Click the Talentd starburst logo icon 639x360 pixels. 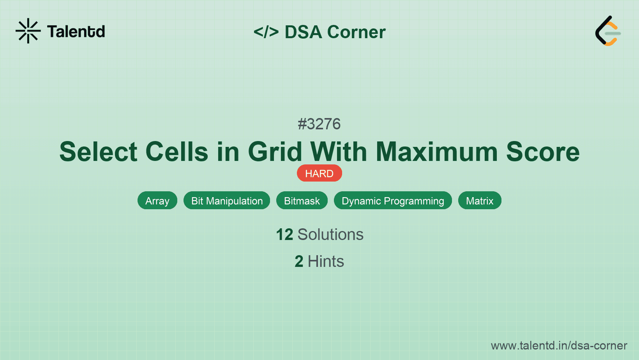pyautogui.click(x=28, y=31)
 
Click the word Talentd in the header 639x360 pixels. pyautogui.click(x=76, y=32)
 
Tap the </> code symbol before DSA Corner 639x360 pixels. pyautogui.click(x=266, y=32)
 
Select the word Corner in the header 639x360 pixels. pyautogui.click(x=356, y=32)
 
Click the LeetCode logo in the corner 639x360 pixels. pyautogui.click(x=607, y=31)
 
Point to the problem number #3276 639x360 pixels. pyautogui.click(x=319, y=124)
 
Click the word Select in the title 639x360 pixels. pyautogui.click(x=98, y=152)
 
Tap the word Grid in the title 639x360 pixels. pyautogui.click(x=275, y=152)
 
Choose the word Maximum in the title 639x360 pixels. pyautogui.click(x=437, y=152)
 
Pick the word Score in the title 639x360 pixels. pyautogui.click(x=543, y=152)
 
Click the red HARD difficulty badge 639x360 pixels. pyautogui.click(x=319, y=173)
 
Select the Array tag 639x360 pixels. pyautogui.click(x=157, y=201)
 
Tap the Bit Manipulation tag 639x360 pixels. pyautogui.click(x=227, y=201)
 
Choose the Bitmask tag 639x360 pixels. pyautogui.click(x=302, y=201)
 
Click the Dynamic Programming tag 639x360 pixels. pyautogui.click(x=393, y=201)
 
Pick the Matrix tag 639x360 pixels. pyautogui.click(x=480, y=201)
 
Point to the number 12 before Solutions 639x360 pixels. pyautogui.click(x=284, y=235)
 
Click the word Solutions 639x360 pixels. pyautogui.click(x=330, y=235)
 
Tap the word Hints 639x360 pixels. pyautogui.click(x=326, y=261)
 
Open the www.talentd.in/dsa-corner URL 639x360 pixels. pyautogui.click(x=559, y=346)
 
